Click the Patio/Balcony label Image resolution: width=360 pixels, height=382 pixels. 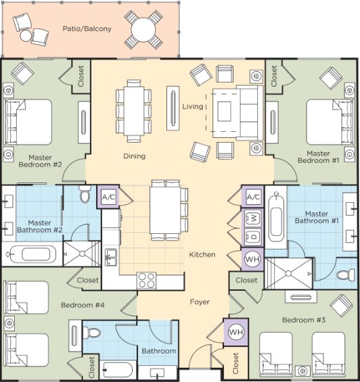pos(87,29)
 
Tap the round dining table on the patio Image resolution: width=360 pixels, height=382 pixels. pos(143,30)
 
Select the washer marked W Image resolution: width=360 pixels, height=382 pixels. pos(252,218)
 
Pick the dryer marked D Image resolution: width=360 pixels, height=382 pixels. pos(252,237)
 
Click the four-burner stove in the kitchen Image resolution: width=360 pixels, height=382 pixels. pos(146,280)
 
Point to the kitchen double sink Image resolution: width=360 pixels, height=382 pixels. pos(111,258)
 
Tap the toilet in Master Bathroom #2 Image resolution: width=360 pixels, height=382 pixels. pos(85,193)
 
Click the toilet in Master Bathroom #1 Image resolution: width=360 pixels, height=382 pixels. pos(346,274)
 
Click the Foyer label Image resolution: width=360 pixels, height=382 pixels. pos(200,302)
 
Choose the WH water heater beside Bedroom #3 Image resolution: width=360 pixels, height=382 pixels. pos(236,332)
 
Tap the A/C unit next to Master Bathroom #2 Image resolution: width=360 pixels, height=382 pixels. pos(108,197)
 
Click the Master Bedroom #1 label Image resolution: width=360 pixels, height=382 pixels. pos(318,157)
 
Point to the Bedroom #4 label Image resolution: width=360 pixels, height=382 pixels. pos(83,305)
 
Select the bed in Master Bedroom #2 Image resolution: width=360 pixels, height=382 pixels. pos(27,122)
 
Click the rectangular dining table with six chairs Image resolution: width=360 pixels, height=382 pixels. pos(134,111)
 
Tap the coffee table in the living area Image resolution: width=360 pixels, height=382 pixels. pos(224,112)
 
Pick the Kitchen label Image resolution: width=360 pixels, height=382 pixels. pos(202,255)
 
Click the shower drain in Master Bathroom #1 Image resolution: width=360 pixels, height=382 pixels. pos(288,273)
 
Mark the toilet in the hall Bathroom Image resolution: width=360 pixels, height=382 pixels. pos(91,333)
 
